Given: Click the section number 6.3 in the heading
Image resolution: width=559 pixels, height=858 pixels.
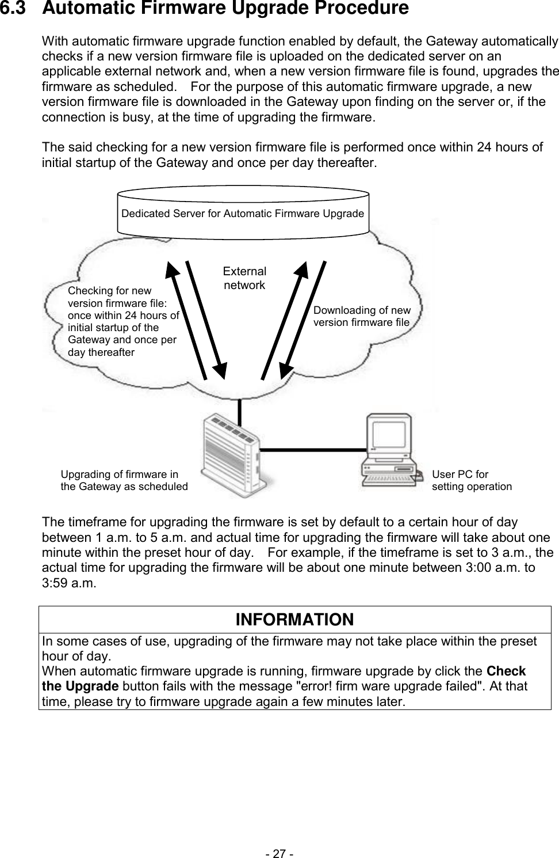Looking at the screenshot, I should (15, 9).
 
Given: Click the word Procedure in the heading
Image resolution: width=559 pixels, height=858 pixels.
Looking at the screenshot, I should (358, 9).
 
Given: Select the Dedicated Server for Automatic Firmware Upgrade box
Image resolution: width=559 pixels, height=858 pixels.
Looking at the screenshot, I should (243, 213).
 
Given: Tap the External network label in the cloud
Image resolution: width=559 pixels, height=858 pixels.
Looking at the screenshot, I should (244, 278).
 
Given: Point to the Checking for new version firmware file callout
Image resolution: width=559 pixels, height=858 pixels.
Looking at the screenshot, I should (123, 321).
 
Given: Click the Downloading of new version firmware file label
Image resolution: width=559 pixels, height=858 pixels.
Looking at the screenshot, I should (362, 316).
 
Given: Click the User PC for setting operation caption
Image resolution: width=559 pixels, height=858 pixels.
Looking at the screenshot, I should (472, 481).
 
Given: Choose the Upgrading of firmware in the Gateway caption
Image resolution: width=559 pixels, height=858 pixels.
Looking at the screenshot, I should (124, 481).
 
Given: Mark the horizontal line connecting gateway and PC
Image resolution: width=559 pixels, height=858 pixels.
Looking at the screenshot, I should (313, 447).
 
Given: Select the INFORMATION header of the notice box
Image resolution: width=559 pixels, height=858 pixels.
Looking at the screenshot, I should (294, 620).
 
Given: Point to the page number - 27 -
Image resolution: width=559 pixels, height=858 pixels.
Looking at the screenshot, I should (279, 853).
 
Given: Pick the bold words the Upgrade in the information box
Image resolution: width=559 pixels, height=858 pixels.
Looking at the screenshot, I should (80, 686).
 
